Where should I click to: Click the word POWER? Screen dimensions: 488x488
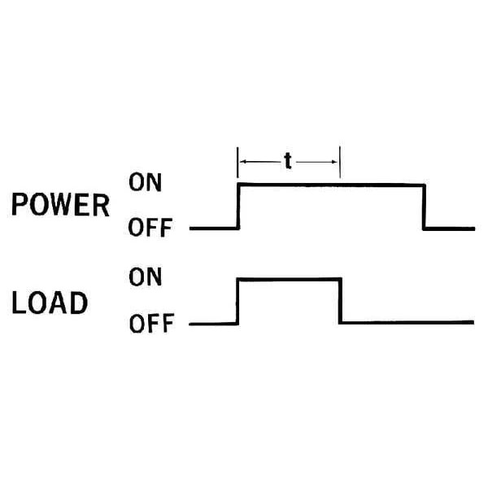pos(60,206)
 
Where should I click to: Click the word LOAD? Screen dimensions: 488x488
pos(50,303)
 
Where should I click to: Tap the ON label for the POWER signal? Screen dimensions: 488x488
pos(146,183)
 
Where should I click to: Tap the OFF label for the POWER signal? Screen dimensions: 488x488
pos(150,229)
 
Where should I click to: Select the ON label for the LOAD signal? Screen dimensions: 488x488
pos(146,278)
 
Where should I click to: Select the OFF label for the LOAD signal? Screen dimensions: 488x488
pos(150,325)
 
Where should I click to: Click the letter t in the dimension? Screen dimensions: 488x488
pos(288,160)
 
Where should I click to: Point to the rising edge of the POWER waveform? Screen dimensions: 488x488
pos(237,207)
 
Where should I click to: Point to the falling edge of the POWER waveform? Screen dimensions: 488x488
pos(423,207)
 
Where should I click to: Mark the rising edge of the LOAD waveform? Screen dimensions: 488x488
pos(237,302)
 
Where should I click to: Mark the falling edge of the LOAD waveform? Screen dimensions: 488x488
pos(339,302)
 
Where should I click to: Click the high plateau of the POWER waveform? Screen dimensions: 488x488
pos(329,185)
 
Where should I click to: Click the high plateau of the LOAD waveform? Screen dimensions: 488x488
pos(288,280)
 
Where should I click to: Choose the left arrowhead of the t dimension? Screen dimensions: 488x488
pos(242,161)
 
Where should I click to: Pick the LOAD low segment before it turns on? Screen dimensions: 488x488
pos(213,324)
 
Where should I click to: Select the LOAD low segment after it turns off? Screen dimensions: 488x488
pos(407,323)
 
